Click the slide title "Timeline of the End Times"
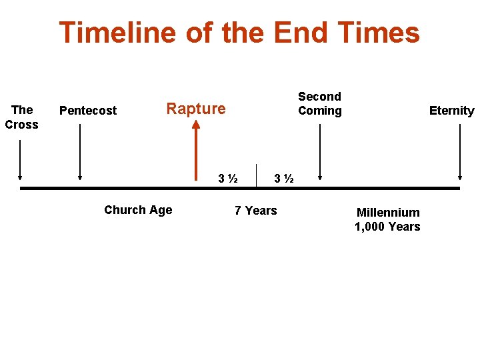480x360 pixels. coord(239,33)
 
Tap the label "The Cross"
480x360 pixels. coord(21,117)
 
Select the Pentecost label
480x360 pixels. coord(88,111)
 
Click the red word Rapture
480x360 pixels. coord(195,109)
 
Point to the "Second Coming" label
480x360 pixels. coord(319,104)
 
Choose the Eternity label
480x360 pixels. coord(451,111)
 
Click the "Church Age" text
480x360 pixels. coord(138,210)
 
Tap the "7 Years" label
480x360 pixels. coord(255,211)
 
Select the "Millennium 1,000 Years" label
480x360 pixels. coord(387,219)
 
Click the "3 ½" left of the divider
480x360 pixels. coord(229,179)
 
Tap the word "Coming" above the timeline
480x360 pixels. coord(320,111)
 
